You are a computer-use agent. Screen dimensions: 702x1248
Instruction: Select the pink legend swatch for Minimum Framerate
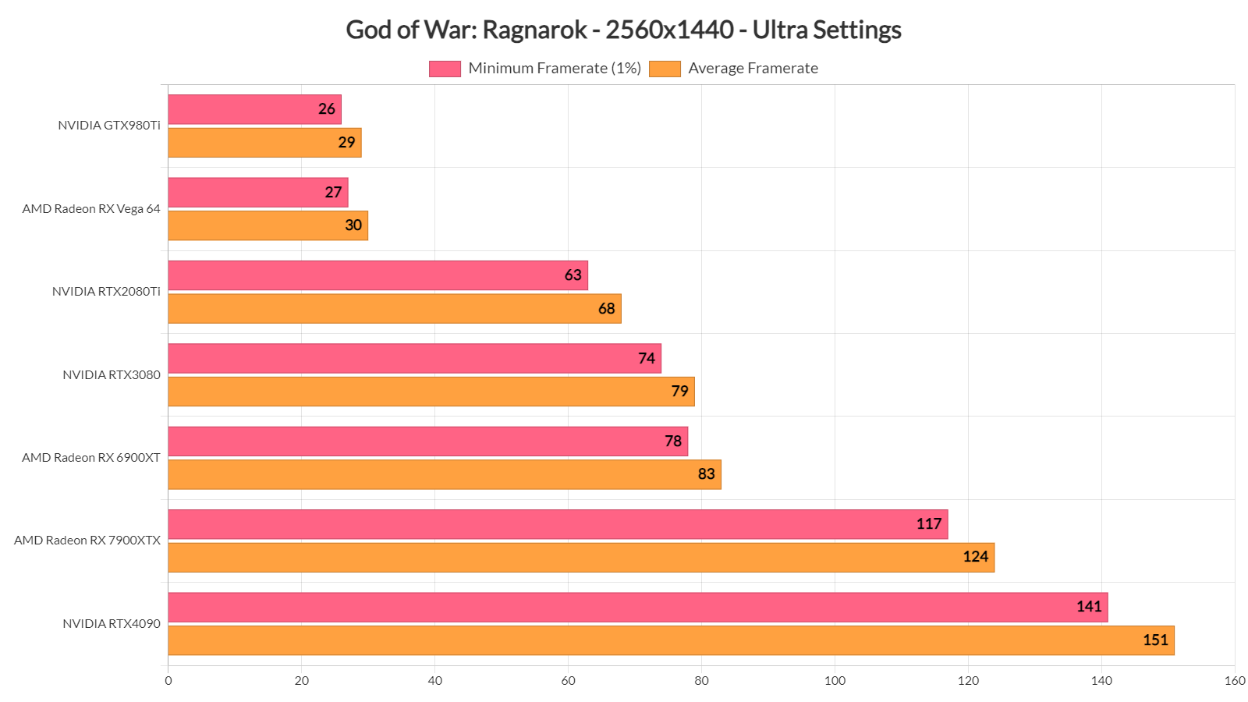point(445,69)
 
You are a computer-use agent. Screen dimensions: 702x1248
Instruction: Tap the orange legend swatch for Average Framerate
point(665,69)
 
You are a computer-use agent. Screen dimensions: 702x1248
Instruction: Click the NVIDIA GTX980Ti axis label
point(109,126)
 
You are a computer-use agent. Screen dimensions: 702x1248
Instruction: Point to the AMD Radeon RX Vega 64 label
point(91,209)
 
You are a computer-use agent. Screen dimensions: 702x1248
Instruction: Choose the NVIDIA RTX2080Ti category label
point(106,292)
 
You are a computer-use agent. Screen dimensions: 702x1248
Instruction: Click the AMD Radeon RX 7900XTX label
point(87,541)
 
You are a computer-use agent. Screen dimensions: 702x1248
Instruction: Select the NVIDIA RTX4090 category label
point(112,624)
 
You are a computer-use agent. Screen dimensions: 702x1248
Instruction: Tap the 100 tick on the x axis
point(835,681)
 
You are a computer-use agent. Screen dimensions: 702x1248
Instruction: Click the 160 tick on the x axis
point(1235,681)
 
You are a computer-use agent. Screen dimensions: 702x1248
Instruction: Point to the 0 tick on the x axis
point(168,681)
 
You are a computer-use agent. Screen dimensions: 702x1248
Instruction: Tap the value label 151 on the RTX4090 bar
point(1155,640)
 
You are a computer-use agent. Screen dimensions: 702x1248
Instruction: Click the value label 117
point(929,524)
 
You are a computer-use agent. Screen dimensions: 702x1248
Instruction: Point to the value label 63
point(573,275)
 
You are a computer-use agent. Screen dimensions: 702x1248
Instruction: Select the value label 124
point(975,557)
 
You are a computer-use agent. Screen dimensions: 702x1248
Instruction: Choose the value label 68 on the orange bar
point(607,309)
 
